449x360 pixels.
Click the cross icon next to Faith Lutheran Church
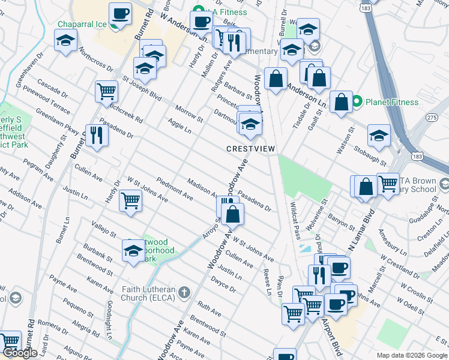coord(184,292)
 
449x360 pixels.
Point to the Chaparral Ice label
coord(82,25)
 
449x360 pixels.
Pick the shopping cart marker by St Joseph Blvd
coord(106,91)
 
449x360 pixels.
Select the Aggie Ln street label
coord(179,126)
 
